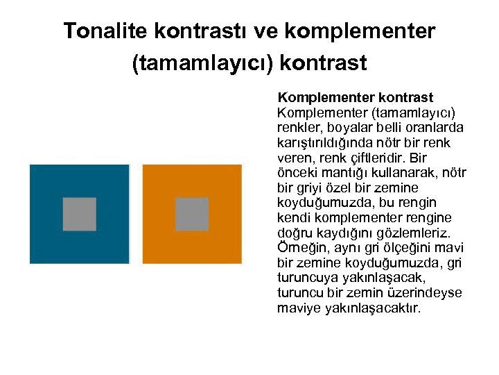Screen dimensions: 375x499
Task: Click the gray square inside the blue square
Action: (80, 214)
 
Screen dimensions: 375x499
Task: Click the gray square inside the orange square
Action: (192, 214)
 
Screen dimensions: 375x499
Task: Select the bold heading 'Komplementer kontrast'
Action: (355, 97)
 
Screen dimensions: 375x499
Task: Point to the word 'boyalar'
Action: (341, 128)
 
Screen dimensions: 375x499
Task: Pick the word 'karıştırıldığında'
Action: (323, 143)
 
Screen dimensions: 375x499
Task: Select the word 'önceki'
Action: (296, 173)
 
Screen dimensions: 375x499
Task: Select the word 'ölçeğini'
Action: (401, 249)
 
